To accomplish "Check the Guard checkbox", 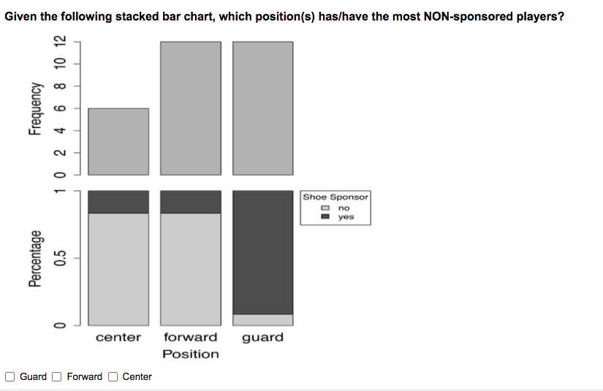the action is click(10, 377).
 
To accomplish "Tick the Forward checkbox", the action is click(57, 377).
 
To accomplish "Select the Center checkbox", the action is click(113, 377).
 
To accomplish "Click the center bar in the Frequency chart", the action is click(118, 142).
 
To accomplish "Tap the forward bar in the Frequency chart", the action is click(191, 108).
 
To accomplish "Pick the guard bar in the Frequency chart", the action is click(263, 108).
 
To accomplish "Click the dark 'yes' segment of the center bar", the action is click(118, 202).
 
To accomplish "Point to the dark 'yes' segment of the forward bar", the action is click(191, 202).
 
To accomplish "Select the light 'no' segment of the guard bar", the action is click(263, 320).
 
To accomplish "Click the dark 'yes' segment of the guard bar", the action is click(263, 253).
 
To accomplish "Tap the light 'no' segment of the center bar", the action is click(118, 270).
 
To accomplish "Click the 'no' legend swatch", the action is click(325, 208).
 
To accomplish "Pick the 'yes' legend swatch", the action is click(325, 216).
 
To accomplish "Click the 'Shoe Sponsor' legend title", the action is click(335, 197).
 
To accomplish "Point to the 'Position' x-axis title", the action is click(191, 354).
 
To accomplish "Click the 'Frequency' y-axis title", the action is click(35, 108).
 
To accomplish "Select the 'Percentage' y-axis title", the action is click(35, 259).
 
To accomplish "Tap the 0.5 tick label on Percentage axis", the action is click(60, 258).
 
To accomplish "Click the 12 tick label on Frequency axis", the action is click(60, 41).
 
